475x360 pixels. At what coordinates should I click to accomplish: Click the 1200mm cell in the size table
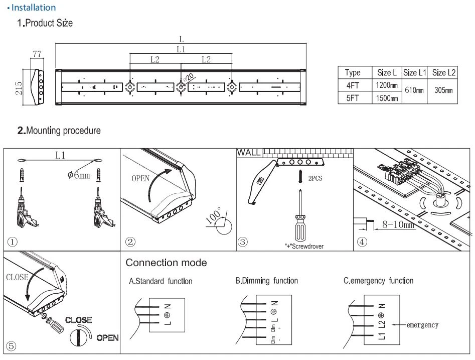click(x=387, y=85)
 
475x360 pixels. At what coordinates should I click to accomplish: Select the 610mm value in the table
click(x=414, y=90)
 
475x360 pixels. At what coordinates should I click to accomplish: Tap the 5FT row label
click(x=352, y=98)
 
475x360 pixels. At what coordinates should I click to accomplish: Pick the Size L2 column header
click(x=444, y=73)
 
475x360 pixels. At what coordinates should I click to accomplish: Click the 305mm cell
click(x=443, y=90)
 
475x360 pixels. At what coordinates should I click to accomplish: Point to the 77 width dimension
click(x=37, y=54)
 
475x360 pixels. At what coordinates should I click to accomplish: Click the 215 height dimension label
click(x=19, y=88)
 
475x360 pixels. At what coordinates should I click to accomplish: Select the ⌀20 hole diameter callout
click(x=188, y=78)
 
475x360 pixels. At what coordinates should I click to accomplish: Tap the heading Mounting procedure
click(x=59, y=131)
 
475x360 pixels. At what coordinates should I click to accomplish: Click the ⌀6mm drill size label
click(x=79, y=175)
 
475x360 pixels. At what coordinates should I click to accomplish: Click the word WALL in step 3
click(x=249, y=153)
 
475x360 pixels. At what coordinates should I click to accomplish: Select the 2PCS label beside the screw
click(x=315, y=178)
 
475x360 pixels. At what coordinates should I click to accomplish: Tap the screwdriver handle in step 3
click(x=300, y=228)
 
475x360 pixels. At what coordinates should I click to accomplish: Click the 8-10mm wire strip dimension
click(x=398, y=225)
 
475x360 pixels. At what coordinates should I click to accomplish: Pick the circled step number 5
click(x=11, y=346)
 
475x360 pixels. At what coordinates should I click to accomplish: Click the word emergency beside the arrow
click(x=423, y=325)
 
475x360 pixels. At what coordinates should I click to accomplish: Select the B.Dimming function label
click(x=266, y=281)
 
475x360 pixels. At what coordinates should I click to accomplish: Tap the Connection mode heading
click(x=167, y=263)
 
